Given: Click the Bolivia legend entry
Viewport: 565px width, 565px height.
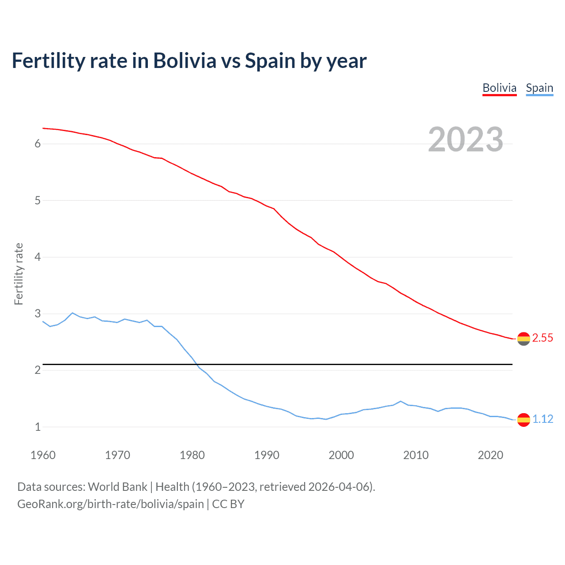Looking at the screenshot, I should [499, 88].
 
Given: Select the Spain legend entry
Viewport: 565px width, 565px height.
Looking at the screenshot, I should [539, 88].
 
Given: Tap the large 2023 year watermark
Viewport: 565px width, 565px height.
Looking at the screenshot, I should [466, 139].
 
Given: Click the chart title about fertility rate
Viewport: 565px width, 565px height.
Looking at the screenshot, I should [189, 60].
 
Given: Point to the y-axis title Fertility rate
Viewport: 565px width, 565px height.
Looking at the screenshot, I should [19, 274].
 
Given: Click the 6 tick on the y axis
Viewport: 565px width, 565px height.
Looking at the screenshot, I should [38, 144].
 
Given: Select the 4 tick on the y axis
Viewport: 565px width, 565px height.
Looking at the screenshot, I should [38, 257].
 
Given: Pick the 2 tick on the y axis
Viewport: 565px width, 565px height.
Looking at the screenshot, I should [38, 370].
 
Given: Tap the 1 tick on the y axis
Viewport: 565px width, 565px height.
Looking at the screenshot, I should [38, 427].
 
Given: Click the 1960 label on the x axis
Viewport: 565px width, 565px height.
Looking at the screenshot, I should [43, 455].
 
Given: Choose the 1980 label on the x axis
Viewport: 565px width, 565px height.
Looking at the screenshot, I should [192, 455].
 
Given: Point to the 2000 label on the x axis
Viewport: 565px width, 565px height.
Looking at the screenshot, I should [341, 455].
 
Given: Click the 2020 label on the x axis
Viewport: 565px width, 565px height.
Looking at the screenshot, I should [490, 455].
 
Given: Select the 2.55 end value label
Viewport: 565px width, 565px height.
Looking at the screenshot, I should [542, 338].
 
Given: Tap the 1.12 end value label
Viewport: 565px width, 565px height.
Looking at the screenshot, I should [542, 419].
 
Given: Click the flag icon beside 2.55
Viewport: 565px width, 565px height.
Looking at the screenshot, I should [524, 339].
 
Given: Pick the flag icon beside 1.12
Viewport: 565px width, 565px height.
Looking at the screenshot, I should [524, 420].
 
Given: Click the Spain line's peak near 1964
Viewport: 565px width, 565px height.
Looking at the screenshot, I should [72, 313].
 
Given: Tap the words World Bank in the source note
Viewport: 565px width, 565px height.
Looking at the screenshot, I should [117, 487].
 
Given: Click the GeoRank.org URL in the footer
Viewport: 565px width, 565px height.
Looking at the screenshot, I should [110, 504].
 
